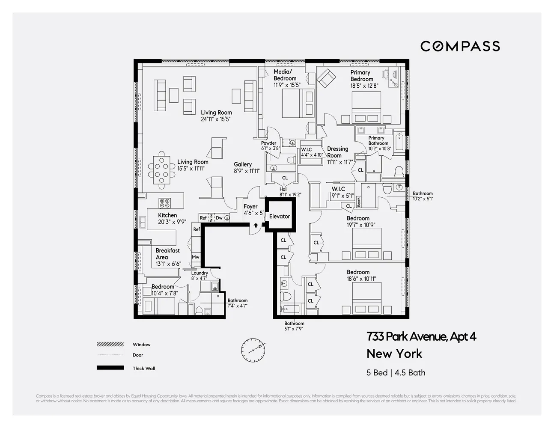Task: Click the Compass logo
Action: click(460, 46)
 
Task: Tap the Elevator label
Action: click(280, 217)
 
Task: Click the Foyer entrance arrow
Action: click(256, 225)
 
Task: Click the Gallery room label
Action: click(243, 164)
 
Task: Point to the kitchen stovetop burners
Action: click(165, 203)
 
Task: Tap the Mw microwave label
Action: click(196, 257)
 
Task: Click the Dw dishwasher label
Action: click(219, 218)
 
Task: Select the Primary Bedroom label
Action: click(361, 76)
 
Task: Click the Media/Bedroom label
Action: click(285, 75)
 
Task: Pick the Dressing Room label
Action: click(337, 152)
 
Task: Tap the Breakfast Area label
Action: click(167, 254)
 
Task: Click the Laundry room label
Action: click(200, 273)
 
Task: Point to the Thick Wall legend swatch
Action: click(110, 368)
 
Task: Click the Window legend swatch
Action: click(110, 344)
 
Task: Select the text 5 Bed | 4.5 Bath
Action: click(396, 372)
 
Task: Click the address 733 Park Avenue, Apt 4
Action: click(421, 337)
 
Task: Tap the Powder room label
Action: click(269, 143)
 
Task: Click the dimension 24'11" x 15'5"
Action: click(216, 119)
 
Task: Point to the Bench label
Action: click(359, 202)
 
